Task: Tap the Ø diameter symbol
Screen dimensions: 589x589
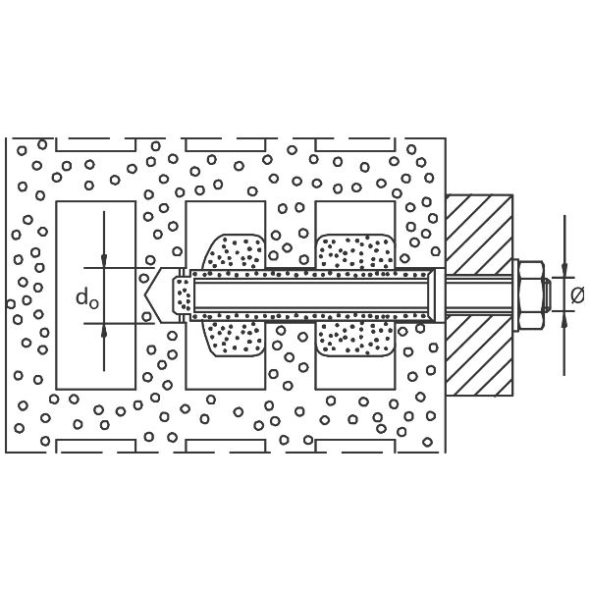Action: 577,295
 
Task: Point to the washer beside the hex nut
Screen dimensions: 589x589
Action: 514,294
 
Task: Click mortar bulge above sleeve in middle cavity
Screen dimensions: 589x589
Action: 233,252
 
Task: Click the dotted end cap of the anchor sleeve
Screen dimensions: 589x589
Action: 183,294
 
